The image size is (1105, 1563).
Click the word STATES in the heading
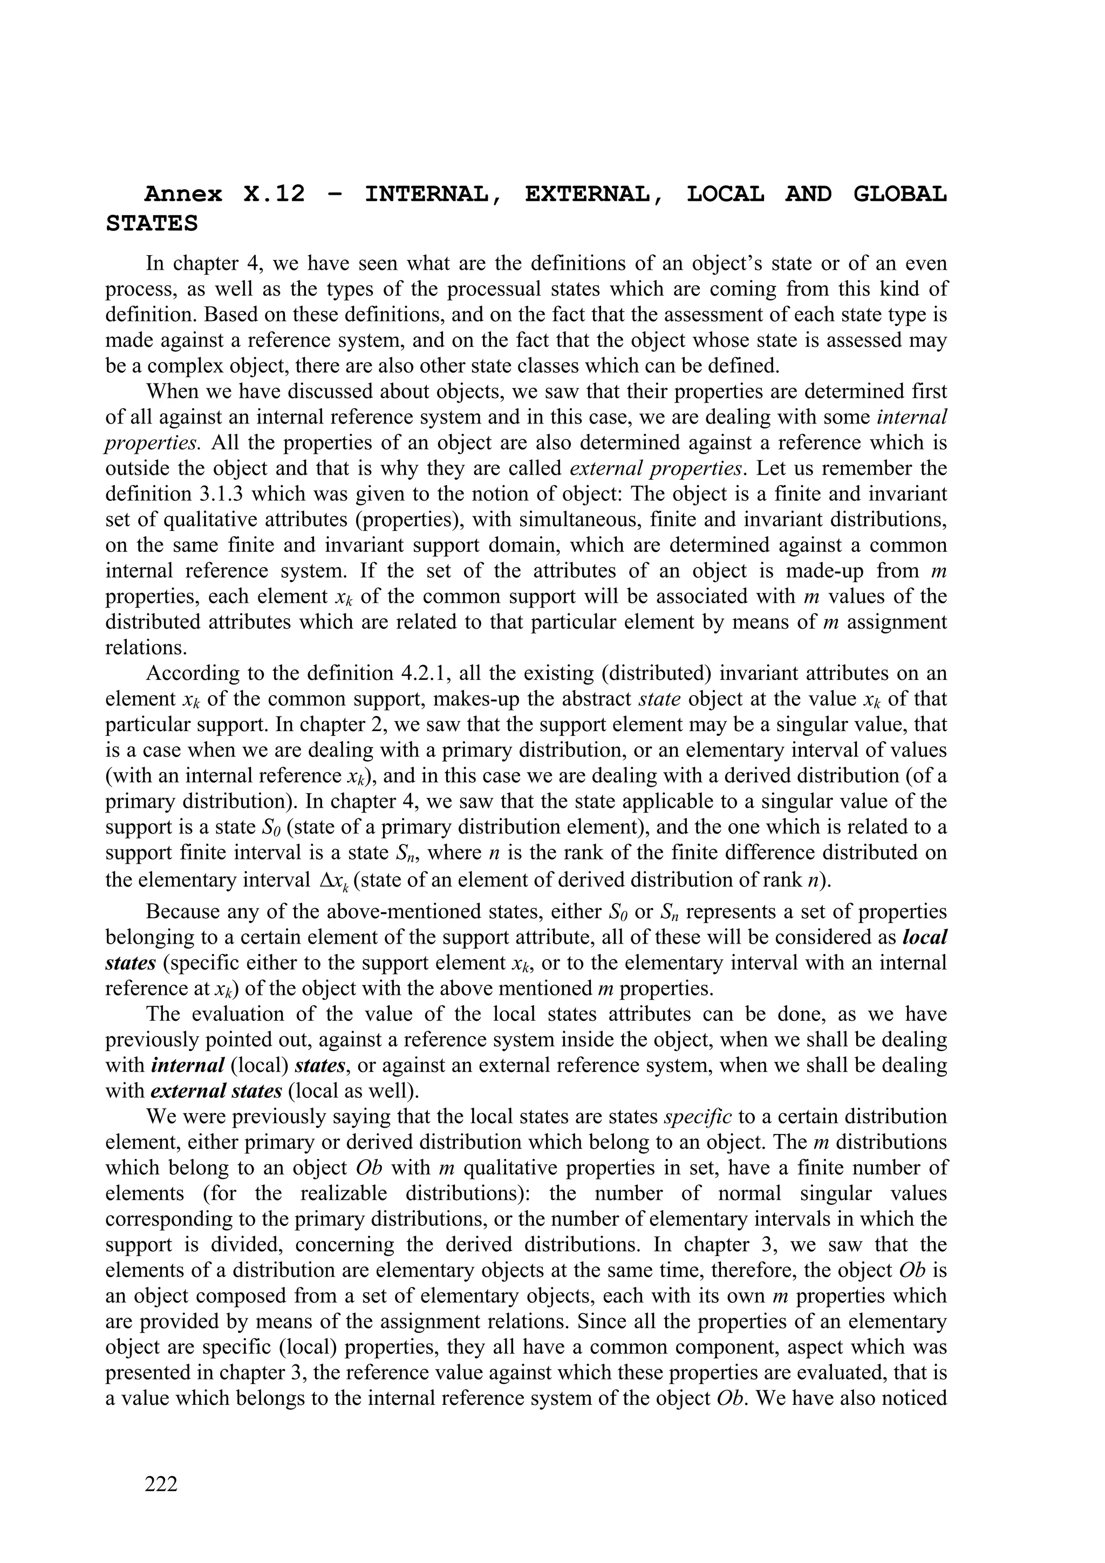[152, 224]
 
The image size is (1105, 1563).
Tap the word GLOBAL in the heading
[899, 195]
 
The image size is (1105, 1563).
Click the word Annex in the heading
[183, 195]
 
